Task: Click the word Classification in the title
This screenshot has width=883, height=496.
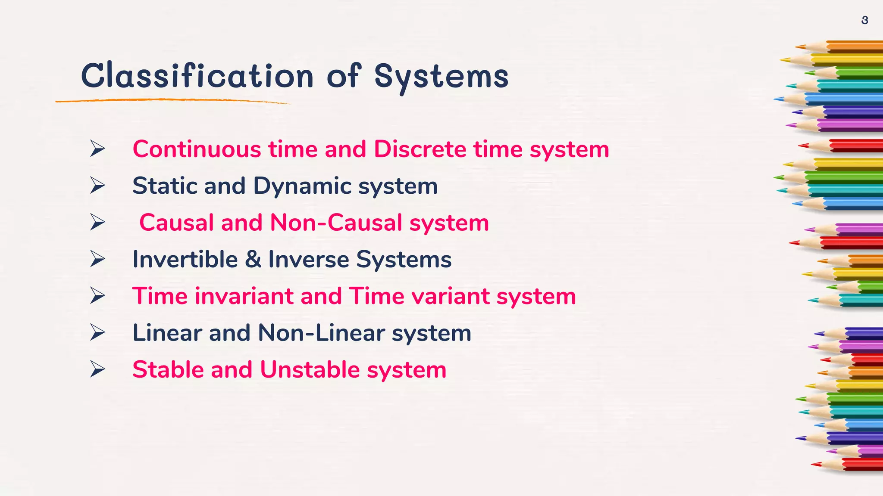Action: [197, 76]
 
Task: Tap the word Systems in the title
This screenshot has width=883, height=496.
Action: [441, 76]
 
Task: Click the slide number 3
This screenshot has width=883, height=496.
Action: [864, 20]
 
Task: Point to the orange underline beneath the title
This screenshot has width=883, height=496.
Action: [172, 101]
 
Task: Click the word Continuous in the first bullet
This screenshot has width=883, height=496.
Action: [197, 149]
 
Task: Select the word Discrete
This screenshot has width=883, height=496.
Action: [420, 149]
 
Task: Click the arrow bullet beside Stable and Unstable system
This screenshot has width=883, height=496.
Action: [97, 369]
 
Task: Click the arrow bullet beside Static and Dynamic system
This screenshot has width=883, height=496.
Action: [97, 186]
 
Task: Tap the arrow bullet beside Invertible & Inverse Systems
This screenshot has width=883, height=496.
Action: [97, 259]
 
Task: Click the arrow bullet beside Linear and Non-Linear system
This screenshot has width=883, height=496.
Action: [97, 333]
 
